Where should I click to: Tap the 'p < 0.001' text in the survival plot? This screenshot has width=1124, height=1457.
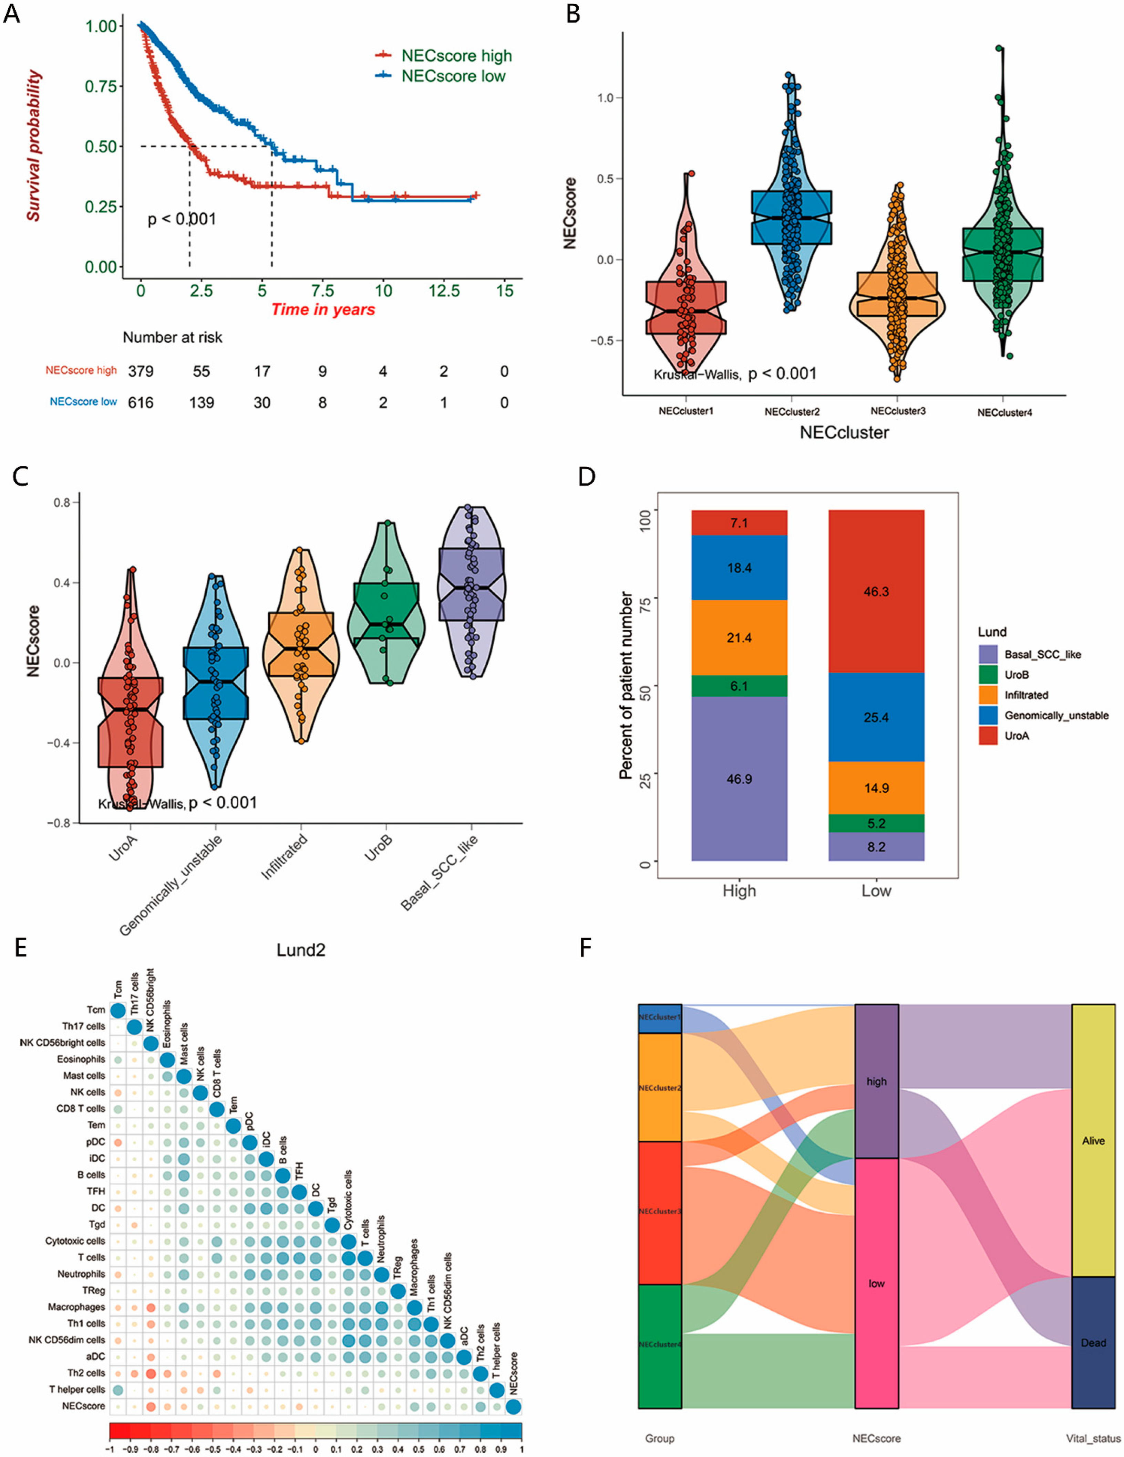click(x=182, y=219)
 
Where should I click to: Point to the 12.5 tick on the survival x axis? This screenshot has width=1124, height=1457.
click(x=444, y=291)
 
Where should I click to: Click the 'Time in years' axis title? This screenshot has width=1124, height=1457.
click(x=323, y=309)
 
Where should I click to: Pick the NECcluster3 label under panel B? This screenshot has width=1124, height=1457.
click(x=898, y=411)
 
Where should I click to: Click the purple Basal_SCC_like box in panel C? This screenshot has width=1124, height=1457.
click(x=471, y=584)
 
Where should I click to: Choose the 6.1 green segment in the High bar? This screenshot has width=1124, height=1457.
click(x=739, y=686)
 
